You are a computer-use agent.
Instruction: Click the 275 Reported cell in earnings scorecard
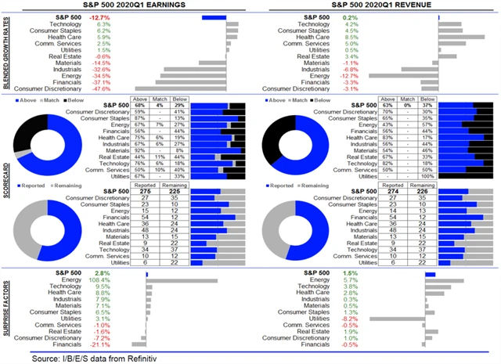(x=145, y=192)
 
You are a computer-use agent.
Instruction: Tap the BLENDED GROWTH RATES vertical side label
(x=5, y=53)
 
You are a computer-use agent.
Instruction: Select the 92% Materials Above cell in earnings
(x=142, y=149)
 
